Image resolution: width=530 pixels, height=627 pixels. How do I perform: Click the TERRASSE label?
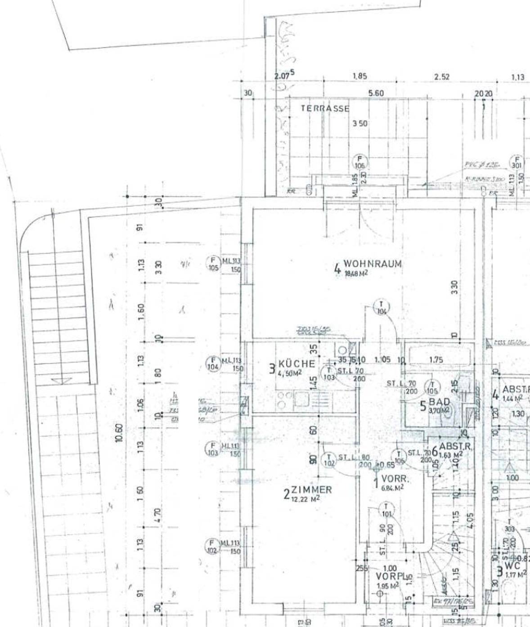(325, 109)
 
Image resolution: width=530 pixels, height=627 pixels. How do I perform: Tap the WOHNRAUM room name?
(373, 264)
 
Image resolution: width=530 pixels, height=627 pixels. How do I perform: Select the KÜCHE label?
(296, 364)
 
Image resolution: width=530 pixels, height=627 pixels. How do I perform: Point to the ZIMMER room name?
(311, 490)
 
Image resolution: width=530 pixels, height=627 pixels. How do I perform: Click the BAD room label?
(439, 402)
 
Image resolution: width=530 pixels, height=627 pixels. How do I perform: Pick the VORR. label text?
(395, 478)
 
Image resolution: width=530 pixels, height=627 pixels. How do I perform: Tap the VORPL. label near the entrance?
(391, 577)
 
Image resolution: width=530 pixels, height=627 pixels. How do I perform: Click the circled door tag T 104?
(382, 308)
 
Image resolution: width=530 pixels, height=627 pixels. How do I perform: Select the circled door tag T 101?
(386, 510)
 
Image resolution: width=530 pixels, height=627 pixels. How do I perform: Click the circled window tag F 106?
(359, 162)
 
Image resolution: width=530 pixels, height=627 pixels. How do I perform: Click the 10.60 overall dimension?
(119, 433)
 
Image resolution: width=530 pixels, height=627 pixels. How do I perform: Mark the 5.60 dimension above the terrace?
(376, 93)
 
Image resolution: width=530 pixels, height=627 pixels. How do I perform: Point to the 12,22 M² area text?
(305, 499)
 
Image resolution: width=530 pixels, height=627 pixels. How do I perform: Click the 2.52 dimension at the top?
(442, 77)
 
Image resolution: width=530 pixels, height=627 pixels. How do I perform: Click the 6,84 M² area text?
(392, 487)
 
